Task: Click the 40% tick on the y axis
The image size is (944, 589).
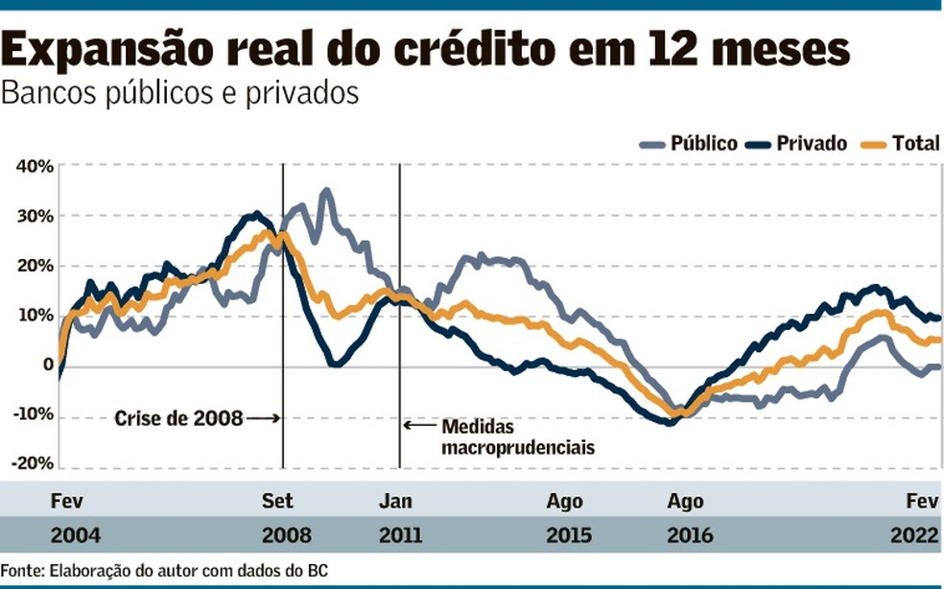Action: coord(34,166)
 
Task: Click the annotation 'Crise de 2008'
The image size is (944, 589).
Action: coord(177,418)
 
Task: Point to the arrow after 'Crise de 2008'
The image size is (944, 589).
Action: coord(262,418)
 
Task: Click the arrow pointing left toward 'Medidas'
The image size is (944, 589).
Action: coord(418,425)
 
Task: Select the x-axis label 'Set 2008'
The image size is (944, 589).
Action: coord(278,517)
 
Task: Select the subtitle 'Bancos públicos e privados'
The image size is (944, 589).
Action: coord(180,94)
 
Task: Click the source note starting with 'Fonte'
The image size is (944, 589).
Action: coord(164,571)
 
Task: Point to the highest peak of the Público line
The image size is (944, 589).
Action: coord(325,192)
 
